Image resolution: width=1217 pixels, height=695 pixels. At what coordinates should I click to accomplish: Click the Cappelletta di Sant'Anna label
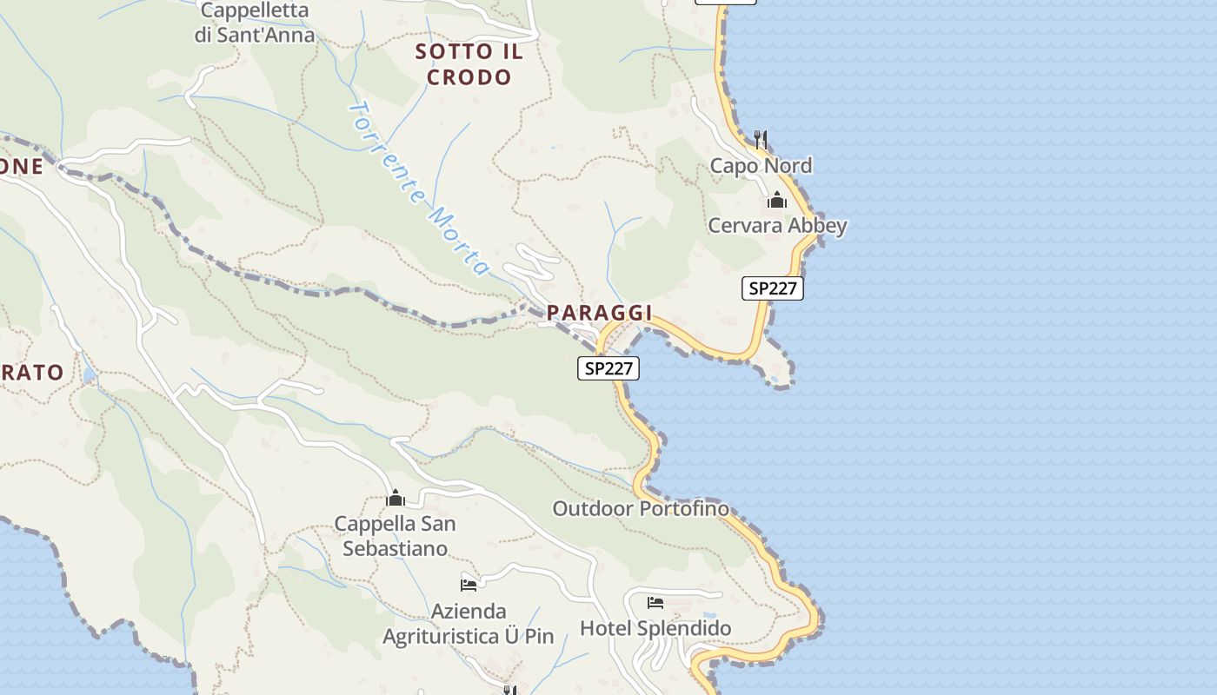(x=254, y=23)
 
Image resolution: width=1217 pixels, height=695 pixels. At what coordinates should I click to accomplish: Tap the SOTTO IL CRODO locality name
(x=469, y=64)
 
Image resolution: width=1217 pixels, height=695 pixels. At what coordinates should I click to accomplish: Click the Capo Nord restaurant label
(x=761, y=166)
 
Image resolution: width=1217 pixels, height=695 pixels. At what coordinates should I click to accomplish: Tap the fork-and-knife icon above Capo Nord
(x=761, y=138)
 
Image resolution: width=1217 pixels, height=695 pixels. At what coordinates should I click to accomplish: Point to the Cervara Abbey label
(x=777, y=226)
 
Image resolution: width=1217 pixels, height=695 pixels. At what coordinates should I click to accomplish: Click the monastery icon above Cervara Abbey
(x=777, y=201)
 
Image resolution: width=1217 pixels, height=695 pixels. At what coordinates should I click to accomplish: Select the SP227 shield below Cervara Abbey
(x=773, y=288)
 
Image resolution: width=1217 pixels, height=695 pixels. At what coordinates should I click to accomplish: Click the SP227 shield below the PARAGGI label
(x=608, y=368)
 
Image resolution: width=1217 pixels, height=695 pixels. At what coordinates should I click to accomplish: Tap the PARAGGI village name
(x=599, y=313)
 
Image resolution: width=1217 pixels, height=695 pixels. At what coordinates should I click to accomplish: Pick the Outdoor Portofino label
(x=641, y=509)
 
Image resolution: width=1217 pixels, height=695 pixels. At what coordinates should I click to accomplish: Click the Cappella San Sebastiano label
(x=395, y=536)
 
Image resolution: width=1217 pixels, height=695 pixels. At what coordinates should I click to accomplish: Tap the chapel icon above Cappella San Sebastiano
(x=396, y=499)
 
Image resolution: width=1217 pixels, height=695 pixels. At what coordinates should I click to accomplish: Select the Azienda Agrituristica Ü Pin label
(x=469, y=624)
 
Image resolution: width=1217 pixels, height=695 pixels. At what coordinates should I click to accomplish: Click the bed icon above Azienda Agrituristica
(x=469, y=585)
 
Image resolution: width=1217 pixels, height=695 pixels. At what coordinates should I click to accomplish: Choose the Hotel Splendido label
(x=655, y=628)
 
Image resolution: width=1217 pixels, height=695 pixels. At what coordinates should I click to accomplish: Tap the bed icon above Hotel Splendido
(x=655, y=602)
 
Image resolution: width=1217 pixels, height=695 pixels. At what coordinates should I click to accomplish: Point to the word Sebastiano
(x=395, y=549)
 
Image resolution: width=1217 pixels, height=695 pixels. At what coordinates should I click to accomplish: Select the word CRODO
(x=469, y=77)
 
